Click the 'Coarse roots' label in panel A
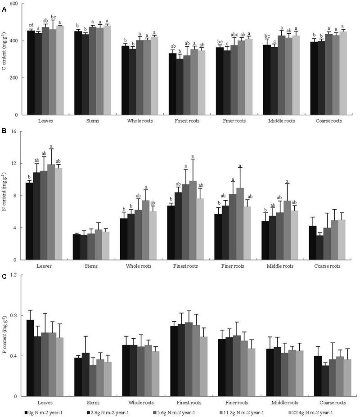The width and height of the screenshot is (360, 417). click(327, 121)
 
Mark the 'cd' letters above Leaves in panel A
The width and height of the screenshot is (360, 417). click(31, 25)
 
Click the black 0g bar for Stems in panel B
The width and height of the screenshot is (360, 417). click(77, 247)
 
